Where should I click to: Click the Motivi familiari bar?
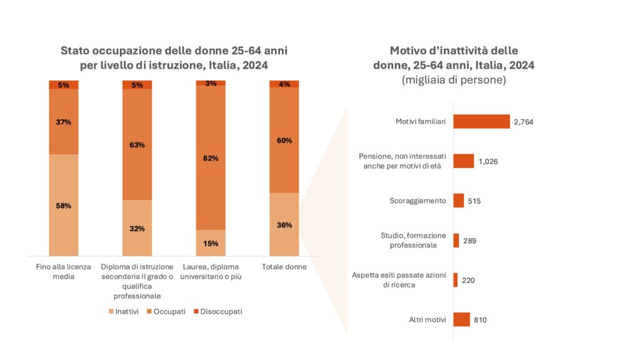tap(481, 122)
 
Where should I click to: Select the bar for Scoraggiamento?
tap(459, 201)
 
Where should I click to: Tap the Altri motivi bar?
tap(461, 320)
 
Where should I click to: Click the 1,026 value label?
tap(487, 161)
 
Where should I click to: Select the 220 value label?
tap(468, 281)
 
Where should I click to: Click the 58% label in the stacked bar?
tap(63, 206)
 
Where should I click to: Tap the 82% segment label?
tap(211, 158)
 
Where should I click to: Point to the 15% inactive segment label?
tap(211, 243)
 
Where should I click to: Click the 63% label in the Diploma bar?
tap(137, 145)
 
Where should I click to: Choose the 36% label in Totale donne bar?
tap(284, 225)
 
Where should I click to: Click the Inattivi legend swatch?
tap(112, 311)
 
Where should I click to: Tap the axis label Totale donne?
tap(284, 267)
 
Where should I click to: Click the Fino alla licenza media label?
tap(63, 272)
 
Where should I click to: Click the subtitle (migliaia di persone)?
tap(454, 80)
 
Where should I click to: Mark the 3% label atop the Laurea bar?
tap(211, 83)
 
